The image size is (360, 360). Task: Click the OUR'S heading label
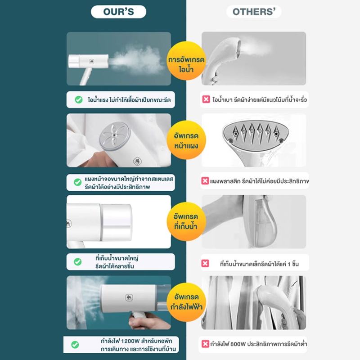pyautogui.click(x=118, y=12)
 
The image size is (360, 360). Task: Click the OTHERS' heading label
pyautogui.click(x=254, y=12)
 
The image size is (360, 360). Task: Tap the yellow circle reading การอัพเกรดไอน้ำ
pyautogui.click(x=186, y=61)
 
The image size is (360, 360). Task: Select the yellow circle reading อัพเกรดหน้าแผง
pyautogui.click(x=186, y=140)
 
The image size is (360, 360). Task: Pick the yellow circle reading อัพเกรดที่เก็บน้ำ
pyautogui.click(x=186, y=221)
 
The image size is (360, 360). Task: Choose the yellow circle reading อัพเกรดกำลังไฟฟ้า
pyautogui.click(x=186, y=302)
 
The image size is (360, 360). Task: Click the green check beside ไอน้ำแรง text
pyautogui.click(x=79, y=99)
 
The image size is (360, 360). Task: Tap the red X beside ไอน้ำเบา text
pyautogui.click(x=206, y=99)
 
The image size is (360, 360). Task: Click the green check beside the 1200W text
pyautogui.click(x=75, y=345)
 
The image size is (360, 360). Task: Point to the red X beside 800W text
pyautogui.click(x=205, y=344)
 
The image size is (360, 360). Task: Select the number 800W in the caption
pyautogui.click(x=238, y=344)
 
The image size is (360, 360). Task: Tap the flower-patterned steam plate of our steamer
pyautogui.click(x=115, y=135)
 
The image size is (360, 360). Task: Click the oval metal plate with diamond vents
pyautogui.click(x=256, y=135)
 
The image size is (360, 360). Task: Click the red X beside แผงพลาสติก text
pyautogui.click(x=205, y=181)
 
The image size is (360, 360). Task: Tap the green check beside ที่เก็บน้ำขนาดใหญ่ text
pyautogui.click(x=78, y=262)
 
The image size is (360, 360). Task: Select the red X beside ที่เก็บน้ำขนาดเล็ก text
pyautogui.click(x=205, y=263)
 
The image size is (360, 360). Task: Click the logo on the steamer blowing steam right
pyautogui.click(x=92, y=61)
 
